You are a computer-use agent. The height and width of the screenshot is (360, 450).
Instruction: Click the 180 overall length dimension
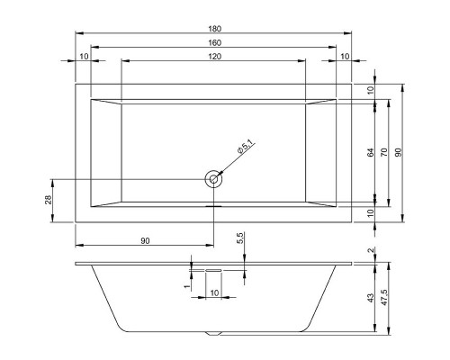click(214, 29)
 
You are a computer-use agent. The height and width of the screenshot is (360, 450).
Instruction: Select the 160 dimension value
click(214, 43)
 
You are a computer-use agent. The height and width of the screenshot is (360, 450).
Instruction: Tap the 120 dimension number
click(214, 57)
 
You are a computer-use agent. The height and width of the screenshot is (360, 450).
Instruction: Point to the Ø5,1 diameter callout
click(245, 147)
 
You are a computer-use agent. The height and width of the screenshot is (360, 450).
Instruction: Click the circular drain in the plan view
click(213, 179)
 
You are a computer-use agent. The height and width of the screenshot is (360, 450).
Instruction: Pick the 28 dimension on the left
click(49, 200)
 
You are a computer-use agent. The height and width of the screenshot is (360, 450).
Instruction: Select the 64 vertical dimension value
click(371, 152)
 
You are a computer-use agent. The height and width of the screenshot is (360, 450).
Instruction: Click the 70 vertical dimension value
click(384, 152)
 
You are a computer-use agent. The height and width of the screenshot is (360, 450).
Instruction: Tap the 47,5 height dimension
click(384, 298)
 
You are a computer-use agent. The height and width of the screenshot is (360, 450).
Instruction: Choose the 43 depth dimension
click(371, 298)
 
